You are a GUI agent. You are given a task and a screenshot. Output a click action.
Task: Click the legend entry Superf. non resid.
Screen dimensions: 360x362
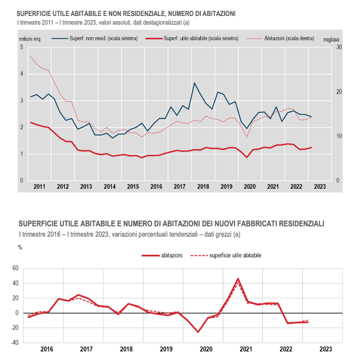[x=95, y=38]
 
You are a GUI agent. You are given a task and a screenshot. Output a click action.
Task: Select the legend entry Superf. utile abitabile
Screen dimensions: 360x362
[x=192, y=38]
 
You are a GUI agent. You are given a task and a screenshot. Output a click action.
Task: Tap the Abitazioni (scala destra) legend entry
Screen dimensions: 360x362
[x=280, y=38]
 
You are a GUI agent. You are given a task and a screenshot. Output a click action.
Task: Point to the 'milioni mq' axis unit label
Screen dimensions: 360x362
[x=30, y=39]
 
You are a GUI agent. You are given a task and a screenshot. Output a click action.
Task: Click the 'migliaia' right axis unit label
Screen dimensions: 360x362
[x=331, y=40]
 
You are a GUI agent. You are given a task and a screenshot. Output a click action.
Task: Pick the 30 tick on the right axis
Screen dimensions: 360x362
[x=339, y=47]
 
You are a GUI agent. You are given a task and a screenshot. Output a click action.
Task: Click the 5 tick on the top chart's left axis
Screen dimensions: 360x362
[x=22, y=47]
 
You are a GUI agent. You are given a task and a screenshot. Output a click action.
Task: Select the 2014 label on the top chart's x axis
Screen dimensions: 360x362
[x=110, y=186]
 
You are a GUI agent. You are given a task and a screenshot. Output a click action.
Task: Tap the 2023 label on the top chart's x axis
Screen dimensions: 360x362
[x=320, y=186]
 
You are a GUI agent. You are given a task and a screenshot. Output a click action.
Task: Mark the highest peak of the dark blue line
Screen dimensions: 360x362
[x=195, y=83]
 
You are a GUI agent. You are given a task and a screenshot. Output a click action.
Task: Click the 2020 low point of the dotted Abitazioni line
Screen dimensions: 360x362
[x=247, y=137]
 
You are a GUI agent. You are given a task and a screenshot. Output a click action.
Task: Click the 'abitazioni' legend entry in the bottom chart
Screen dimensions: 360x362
[x=162, y=256]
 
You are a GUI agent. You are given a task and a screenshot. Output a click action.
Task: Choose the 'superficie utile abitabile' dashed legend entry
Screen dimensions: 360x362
[x=226, y=256]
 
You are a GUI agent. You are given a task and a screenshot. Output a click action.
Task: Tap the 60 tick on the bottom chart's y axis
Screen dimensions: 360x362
[x=15, y=268]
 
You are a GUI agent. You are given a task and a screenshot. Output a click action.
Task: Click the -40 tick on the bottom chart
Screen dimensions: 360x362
[x=15, y=343]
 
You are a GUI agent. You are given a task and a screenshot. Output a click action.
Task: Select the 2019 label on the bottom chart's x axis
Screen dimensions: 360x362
[x=166, y=349]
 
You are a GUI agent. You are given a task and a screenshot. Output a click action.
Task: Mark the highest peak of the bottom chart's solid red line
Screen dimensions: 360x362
[x=238, y=279]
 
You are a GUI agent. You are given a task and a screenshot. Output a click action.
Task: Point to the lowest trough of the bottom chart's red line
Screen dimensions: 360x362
[x=198, y=332]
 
